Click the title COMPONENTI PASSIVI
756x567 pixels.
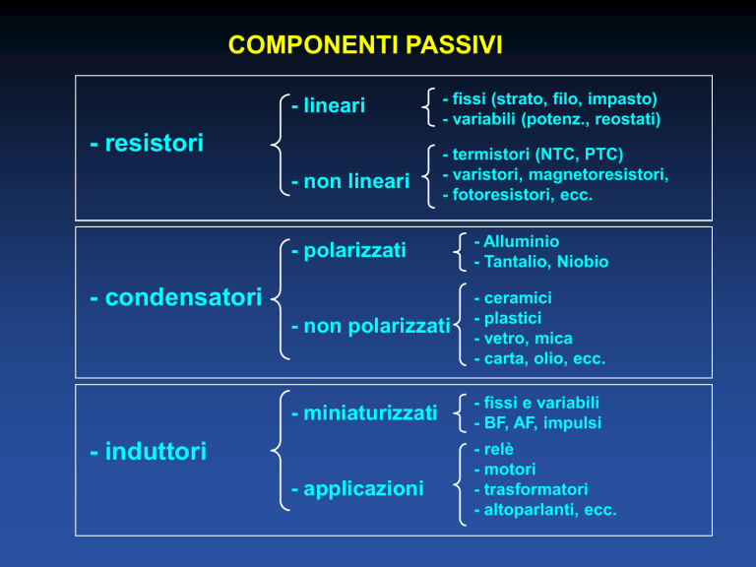(365, 45)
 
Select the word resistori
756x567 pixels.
(155, 143)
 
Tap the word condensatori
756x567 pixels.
(183, 297)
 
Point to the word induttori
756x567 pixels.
(156, 451)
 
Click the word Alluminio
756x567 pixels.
(521, 241)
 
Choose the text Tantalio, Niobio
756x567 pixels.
(545, 261)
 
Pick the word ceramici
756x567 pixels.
(518, 298)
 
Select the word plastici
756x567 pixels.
(513, 318)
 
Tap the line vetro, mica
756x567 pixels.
(528, 339)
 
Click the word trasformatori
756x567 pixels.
(535, 489)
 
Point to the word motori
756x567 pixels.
(510, 470)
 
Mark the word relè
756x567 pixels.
(498, 449)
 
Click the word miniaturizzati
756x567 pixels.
(370, 413)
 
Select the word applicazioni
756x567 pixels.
(363, 489)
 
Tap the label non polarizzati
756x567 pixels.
(377, 327)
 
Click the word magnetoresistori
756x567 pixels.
(598, 174)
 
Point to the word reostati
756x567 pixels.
(627, 119)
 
